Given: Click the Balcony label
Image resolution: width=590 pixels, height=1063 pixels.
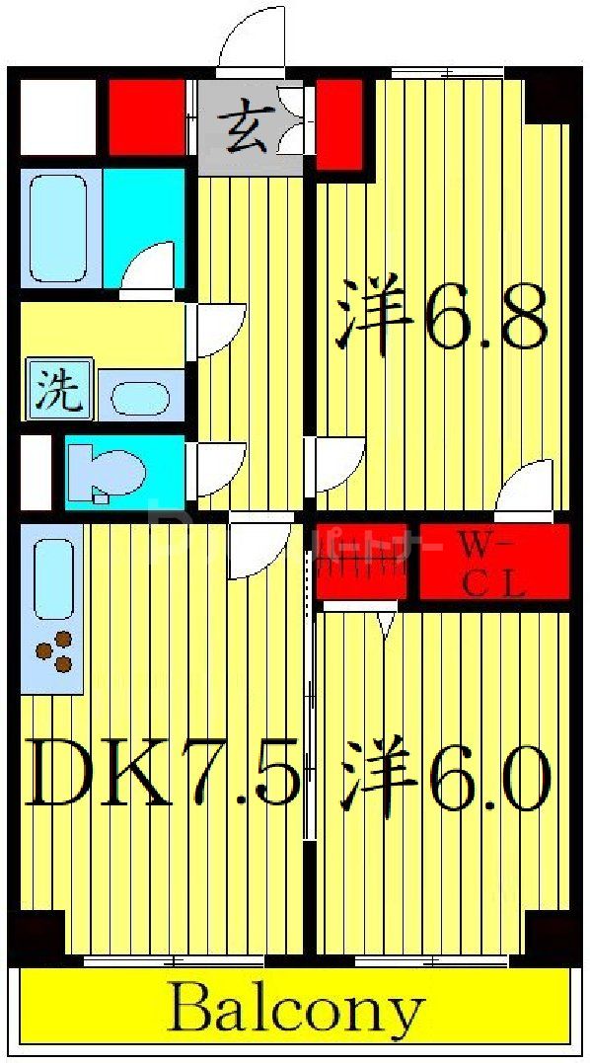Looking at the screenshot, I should (296, 1010).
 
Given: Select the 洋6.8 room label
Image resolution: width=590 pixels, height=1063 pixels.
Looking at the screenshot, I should (441, 313).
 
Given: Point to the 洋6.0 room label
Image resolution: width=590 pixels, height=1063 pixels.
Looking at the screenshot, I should (444, 769).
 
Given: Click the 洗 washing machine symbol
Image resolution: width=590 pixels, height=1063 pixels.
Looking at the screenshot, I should (59, 388).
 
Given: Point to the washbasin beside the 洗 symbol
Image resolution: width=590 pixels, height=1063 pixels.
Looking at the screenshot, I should (141, 397).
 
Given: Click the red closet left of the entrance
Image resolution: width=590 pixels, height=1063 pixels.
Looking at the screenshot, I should (147, 117).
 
